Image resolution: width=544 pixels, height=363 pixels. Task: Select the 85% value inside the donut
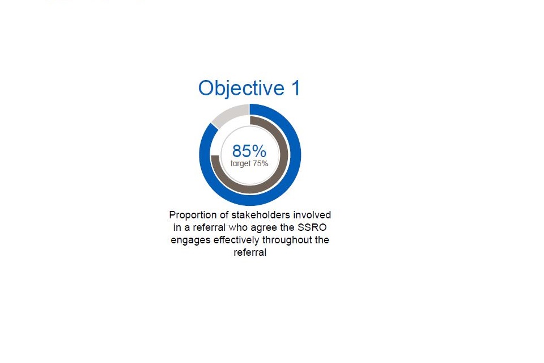click(x=249, y=151)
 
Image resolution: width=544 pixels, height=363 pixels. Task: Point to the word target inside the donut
click(x=240, y=163)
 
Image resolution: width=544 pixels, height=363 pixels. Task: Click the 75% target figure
click(x=261, y=163)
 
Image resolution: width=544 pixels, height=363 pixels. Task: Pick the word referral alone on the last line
click(x=250, y=253)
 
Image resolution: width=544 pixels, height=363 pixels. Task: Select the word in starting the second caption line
click(x=177, y=228)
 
